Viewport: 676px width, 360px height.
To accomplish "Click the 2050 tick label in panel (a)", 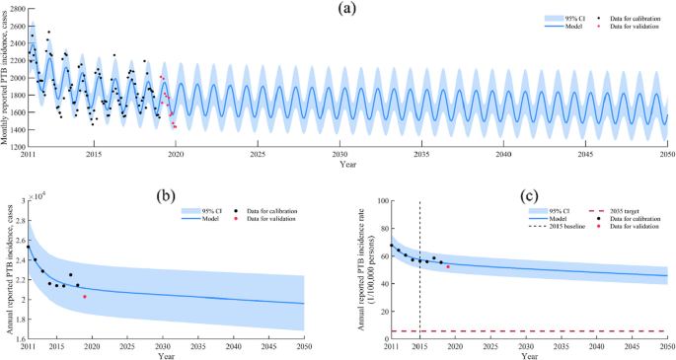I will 667,155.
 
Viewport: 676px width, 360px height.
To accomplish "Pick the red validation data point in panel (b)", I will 85,296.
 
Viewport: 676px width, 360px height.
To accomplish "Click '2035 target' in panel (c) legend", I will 626,211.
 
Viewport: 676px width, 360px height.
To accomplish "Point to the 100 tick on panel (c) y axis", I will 383,201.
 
